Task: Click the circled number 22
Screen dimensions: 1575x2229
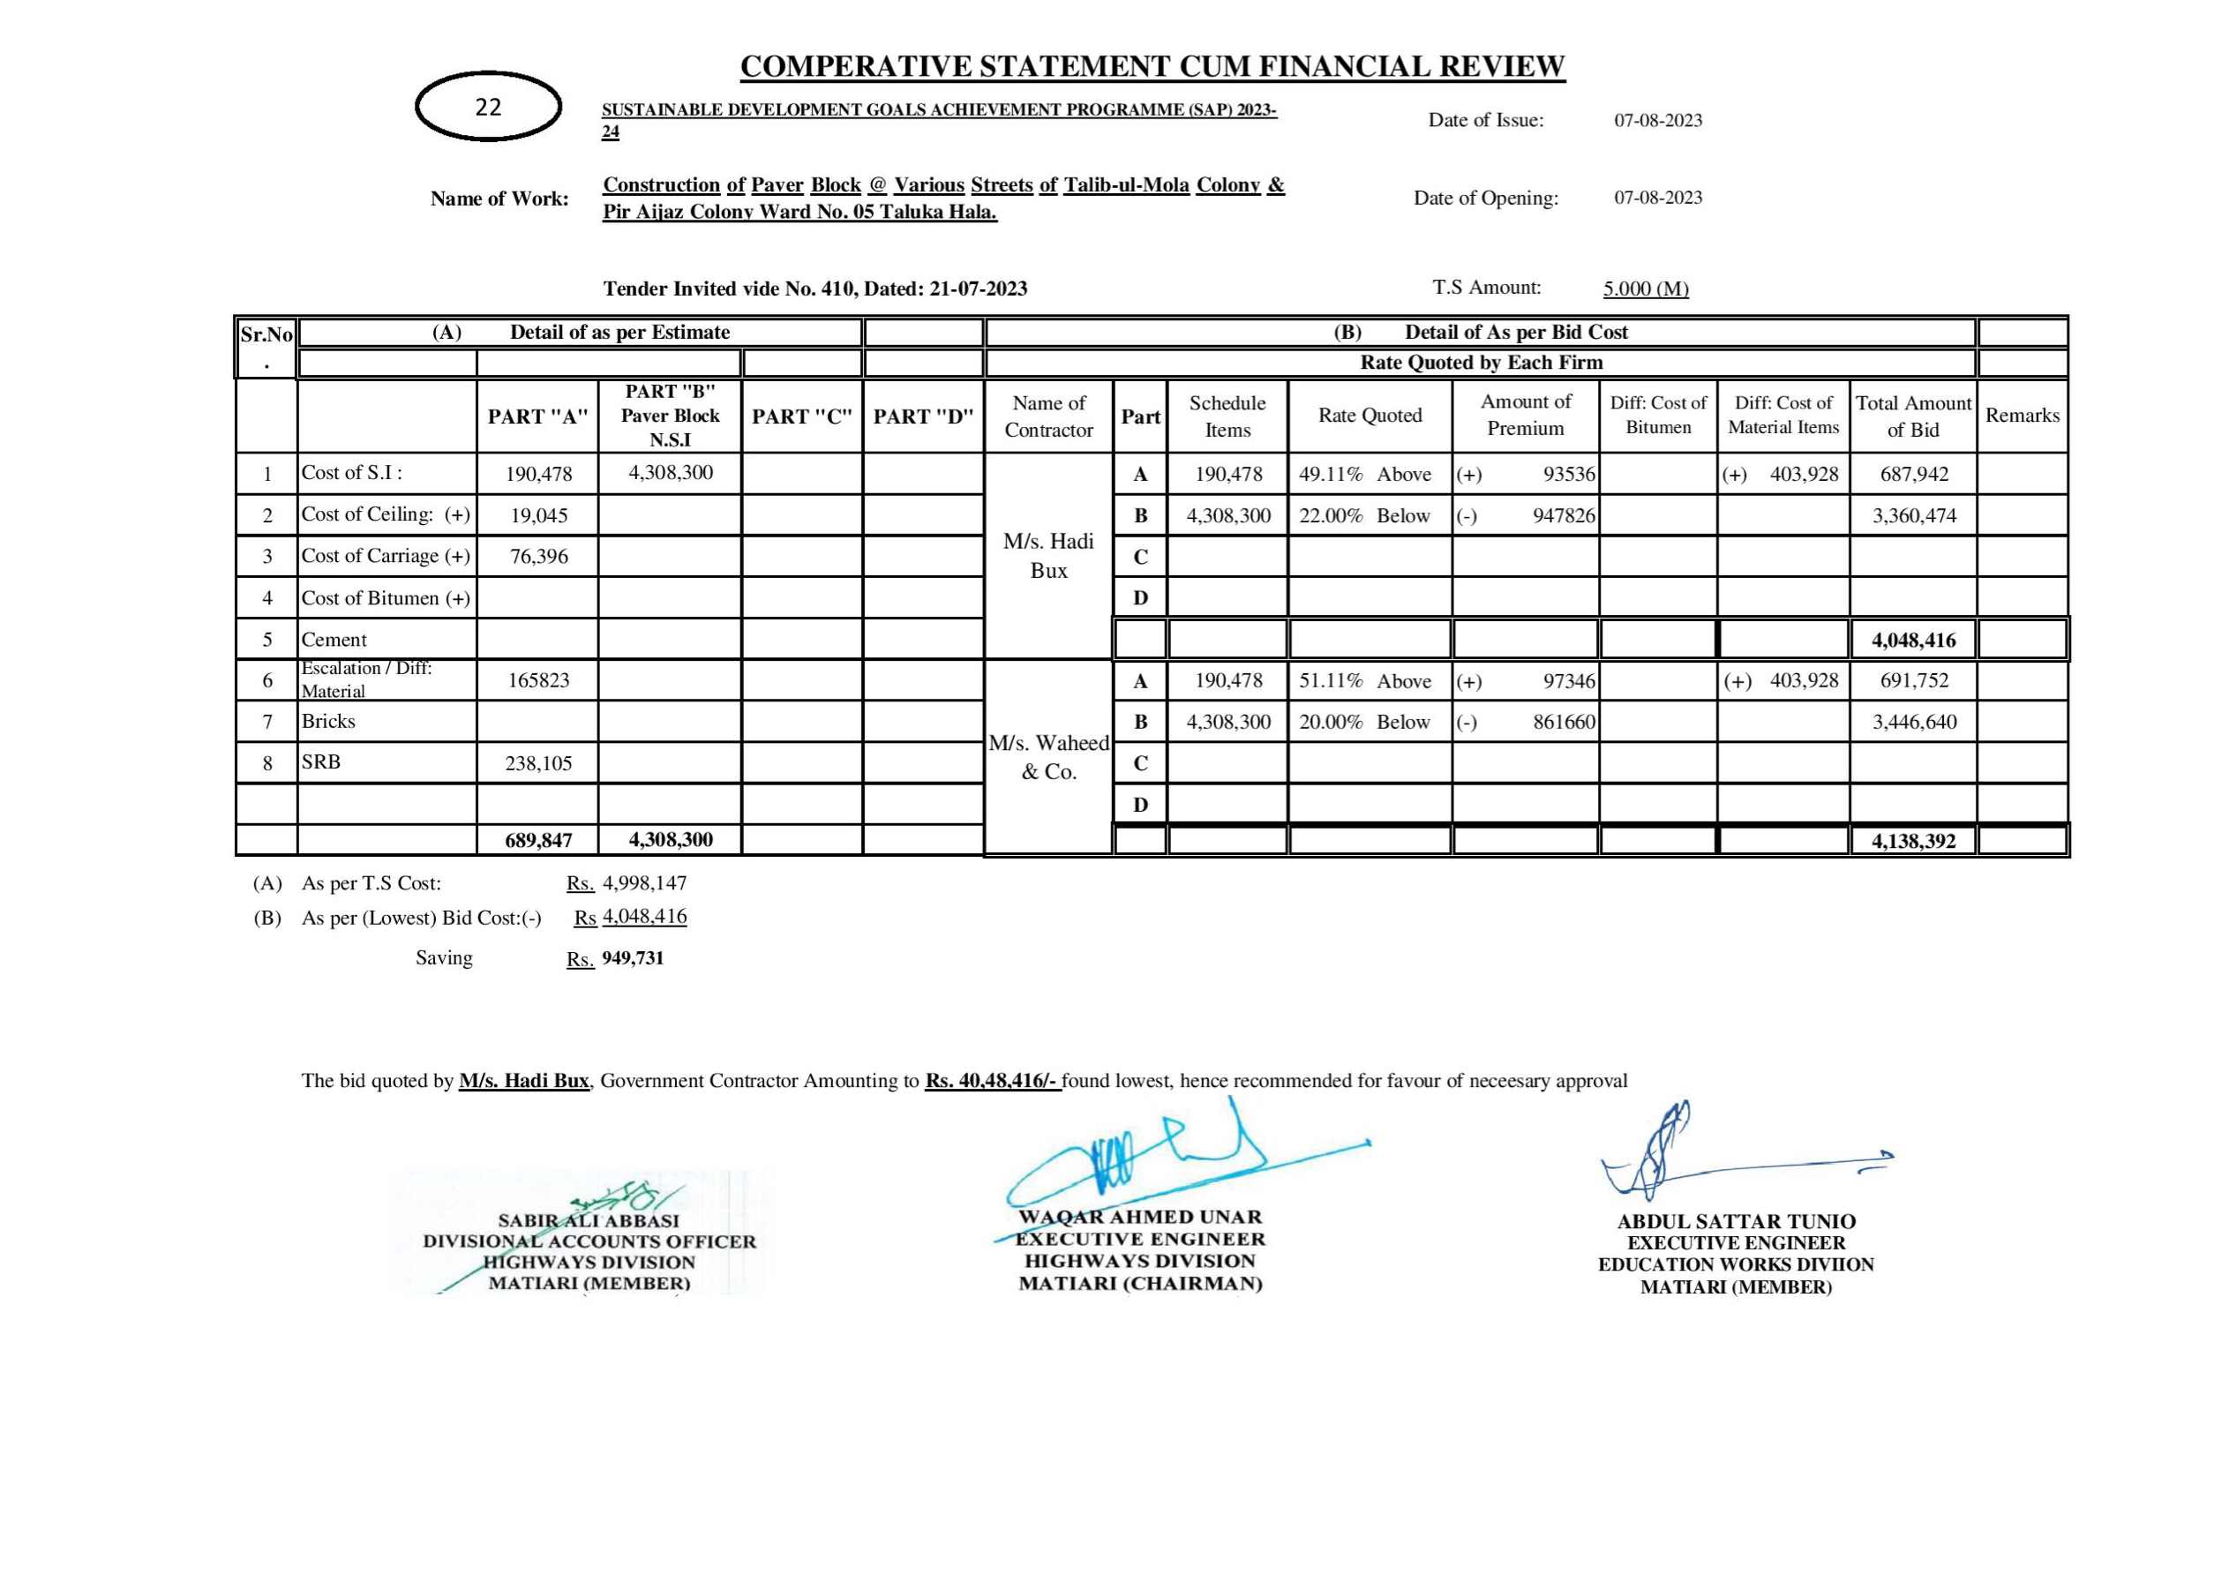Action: point(488,107)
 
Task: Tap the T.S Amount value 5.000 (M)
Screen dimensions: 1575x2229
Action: point(1646,289)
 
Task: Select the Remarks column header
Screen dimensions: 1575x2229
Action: point(2023,416)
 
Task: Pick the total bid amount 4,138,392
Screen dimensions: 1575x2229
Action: point(1913,841)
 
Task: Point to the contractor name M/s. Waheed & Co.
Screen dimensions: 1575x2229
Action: point(1048,757)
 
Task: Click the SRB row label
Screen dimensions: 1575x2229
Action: point(321,762)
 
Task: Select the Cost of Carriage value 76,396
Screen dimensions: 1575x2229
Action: point(539,557)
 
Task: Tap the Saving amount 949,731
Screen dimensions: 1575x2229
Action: point(633,958)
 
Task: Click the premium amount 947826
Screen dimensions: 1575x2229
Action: point(1563,515)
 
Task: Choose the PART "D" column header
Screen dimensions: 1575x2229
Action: point(923,416)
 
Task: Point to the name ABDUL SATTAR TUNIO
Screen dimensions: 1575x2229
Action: point(1736,1221)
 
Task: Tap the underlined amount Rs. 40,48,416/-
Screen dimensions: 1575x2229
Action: point(992,1081)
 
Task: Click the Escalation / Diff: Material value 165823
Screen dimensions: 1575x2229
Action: point(539,680)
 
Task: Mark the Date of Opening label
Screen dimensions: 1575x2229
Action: point(1485,199)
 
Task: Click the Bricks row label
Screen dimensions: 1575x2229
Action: point(328,722)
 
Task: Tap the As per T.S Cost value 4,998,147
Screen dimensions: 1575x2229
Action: point(645,883)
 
